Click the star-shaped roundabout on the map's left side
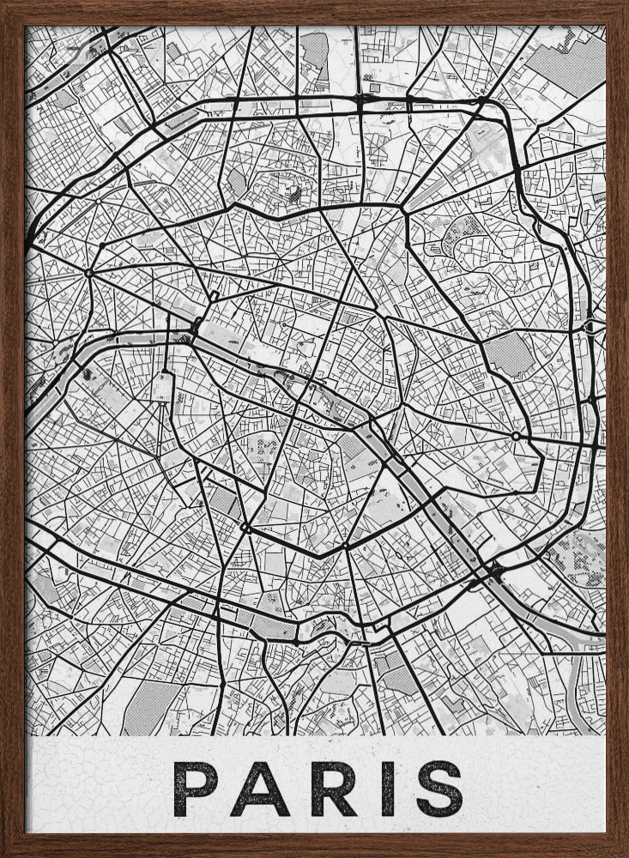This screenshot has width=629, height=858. pos(89,273)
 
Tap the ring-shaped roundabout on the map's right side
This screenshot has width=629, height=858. pos(515,437)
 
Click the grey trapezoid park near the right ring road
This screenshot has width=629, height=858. pos(510,354)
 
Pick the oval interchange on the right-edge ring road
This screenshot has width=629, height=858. pos(590,327)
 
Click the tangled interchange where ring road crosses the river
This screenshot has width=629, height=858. pos(492,570)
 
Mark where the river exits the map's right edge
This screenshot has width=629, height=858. pos(601,636)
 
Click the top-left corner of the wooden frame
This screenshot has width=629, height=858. pos(7,7)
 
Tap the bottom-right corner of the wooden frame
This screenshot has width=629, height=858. pos(622,851)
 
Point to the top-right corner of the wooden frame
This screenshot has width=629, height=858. pos(622,7)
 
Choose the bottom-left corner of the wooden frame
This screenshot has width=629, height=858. pos(7,851)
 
